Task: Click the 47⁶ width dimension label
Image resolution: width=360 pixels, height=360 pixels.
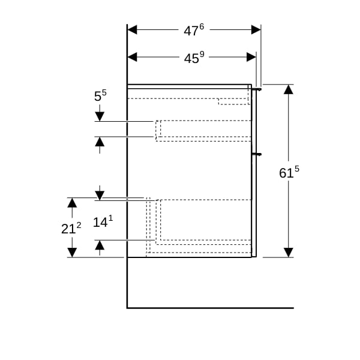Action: (x=194, y=30)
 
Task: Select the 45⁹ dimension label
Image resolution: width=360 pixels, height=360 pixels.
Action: (x=194, y=58)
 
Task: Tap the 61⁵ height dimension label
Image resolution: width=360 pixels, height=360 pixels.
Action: (x=289, y=172)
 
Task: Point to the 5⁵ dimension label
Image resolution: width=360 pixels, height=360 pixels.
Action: (x=100, y=95)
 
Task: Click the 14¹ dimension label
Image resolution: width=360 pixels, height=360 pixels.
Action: (x=103, y=221)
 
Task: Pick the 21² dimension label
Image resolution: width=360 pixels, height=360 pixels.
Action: (x=71, y=228)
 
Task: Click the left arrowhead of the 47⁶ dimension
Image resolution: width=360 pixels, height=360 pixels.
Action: (x=132, y=29)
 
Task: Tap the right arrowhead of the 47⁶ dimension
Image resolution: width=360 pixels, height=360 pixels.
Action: (x=256, y=29)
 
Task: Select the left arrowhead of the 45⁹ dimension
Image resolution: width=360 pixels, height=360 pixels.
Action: (x=132, y=57)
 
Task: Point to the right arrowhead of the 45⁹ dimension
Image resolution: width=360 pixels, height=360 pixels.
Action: (x=251, y=57)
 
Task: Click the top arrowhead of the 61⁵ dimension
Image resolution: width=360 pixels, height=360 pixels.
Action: (x=289, y=89)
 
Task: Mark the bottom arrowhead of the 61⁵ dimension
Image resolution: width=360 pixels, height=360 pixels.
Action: (x=289, y=253)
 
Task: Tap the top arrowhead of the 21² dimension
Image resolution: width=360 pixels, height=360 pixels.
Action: (x=72, y=203)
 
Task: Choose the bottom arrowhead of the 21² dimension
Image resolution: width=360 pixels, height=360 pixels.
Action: (x=72, y=253)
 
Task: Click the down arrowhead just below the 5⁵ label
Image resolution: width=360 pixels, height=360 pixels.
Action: (x=100, y=116)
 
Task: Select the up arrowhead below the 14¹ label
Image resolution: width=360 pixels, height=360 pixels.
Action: (x=100, y=245)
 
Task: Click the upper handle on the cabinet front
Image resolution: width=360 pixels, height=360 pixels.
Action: (x=257, y=89)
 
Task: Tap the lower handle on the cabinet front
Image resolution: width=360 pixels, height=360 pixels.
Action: (x=257, y=155)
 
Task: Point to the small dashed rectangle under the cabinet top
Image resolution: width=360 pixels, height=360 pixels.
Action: (x=233, y=101)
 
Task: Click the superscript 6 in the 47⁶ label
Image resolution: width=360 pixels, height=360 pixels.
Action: (x=202, y=26)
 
